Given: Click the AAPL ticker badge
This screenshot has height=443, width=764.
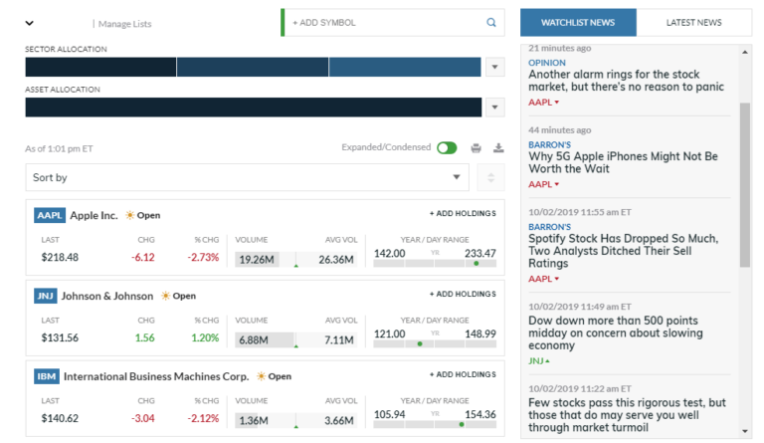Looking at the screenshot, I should (x=49, y=215).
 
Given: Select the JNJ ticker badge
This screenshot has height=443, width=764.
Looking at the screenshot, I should (x=46, y=296).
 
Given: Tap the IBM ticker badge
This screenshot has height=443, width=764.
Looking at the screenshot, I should (x=47, y=376).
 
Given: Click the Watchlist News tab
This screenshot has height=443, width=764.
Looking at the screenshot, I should (x=577, y=22).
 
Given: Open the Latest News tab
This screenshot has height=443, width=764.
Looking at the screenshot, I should (x=694, y=22).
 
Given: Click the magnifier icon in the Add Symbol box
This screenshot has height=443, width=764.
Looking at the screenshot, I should (x=490, y=22).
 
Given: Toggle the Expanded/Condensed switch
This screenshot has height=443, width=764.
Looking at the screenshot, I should (x=447, y=148).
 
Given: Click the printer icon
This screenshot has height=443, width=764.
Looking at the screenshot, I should (x=477, y=148).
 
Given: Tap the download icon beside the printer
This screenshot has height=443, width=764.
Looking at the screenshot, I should (x=498, y=148).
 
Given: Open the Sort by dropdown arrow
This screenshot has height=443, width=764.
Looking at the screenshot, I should (x=457, y=177).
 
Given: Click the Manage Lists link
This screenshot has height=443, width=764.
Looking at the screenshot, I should (x=124, y=23).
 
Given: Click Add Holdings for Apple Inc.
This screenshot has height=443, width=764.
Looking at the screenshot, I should (x=462, y=214).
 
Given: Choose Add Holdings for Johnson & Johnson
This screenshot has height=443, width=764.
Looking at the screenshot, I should (x=462, y=295).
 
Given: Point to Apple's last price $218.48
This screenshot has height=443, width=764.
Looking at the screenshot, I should (x=60, y=257).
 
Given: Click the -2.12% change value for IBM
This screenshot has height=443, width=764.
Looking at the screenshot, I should (x=204, y=419).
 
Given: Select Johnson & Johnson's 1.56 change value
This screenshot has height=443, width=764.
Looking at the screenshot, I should (x=144, y=337).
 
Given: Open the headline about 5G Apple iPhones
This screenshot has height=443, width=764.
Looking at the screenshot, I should (x=623, y=163).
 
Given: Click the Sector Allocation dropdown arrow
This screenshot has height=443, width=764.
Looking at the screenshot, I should (x=494, y=67).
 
